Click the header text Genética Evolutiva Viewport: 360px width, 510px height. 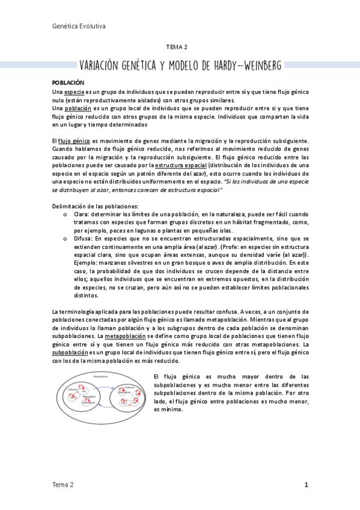[x=79, y=26]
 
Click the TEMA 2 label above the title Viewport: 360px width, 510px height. [x=177, y=47]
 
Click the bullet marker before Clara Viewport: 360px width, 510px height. [x=65, y=215]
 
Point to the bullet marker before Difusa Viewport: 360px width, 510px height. [x=65, y=239]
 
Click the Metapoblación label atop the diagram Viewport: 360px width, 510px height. [x=101, y=376]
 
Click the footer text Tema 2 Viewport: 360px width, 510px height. [x=63, y=484]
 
